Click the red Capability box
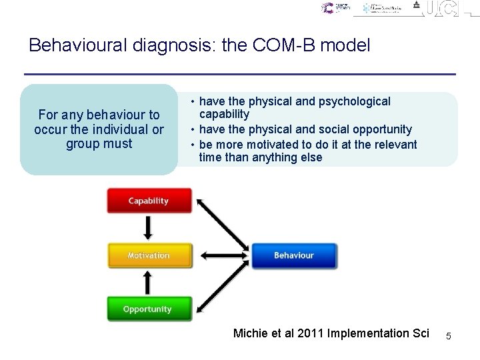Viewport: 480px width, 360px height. coord(149,201)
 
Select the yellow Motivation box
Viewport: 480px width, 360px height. coord(149,255)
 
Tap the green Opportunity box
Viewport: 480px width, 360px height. coord(148,309)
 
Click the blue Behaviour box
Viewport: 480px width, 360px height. coord(293,255)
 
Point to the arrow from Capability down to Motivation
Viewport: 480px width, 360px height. coord(148,228)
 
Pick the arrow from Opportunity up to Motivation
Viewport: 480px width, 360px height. coord(148,282)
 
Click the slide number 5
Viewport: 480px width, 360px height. coord(448,337)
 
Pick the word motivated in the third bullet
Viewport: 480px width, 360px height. coord(271,145)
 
